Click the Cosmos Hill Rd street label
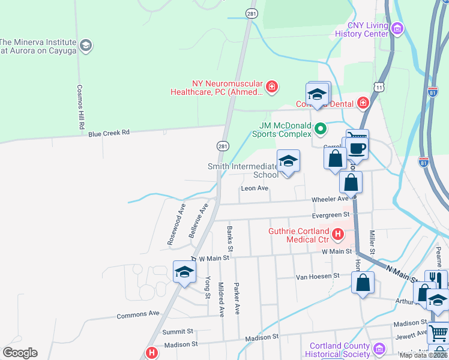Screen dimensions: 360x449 pos(79,107)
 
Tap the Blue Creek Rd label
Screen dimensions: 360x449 pos(109,133)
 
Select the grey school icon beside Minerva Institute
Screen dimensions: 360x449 pos(86,46)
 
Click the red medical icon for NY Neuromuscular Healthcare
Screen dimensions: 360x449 pos(272,88)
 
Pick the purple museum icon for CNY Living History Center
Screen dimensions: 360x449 pos(397,28)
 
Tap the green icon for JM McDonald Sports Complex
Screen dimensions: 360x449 pos(321,128)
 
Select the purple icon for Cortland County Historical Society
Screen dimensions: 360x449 pos(379,348)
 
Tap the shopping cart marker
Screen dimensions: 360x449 pos(439,332)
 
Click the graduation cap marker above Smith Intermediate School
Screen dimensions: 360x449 pos(288,161)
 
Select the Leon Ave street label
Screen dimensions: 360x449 pos(254,188)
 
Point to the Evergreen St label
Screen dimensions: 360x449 pos(330,215)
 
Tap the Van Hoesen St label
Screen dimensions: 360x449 pos(318,276)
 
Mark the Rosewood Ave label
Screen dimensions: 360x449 pos(176,223)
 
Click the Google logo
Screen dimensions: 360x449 pos(20,353)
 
